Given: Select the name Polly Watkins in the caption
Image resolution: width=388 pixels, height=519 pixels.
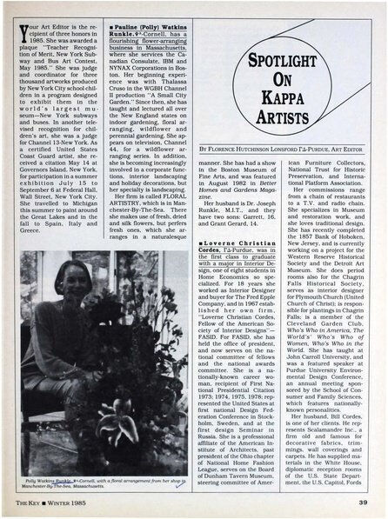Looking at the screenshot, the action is [43, 479].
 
